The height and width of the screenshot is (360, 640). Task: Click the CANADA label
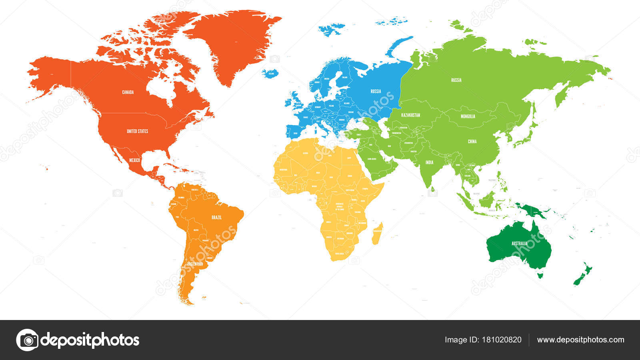[x=128, y=92]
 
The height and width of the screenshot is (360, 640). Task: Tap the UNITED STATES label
[x=137, y=131]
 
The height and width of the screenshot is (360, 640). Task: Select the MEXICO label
[x=134, y=160]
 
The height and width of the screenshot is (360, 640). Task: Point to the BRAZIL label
[x=216, y=218]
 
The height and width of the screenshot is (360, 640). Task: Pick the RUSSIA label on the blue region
[x=376, y=91]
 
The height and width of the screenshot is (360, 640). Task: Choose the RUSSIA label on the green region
[x=456, y=80]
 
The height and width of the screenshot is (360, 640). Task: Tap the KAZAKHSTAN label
[x=410, y=115]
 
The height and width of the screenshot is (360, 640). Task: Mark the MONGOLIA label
[x=468, y=116]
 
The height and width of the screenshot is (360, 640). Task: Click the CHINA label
[x=472, y=141]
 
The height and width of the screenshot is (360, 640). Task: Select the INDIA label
[x=429, y=162]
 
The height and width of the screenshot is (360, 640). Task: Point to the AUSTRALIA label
[x=519, y=243]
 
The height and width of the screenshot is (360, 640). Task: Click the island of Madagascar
[x=378, y=234]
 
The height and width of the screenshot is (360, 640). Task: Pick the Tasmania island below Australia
[x=541, y=275]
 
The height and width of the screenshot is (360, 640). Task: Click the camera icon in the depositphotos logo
[x=27, y=340]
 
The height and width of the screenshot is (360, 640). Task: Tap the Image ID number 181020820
[x=500, y=340]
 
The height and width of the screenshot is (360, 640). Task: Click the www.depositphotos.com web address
[x=580, y=340]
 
